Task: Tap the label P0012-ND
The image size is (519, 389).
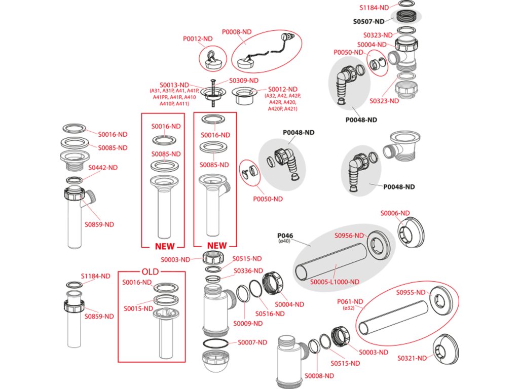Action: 197,38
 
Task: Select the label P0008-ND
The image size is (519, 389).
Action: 237,31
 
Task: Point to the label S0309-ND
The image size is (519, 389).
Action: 243,81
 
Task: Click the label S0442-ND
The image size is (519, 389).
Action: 103,167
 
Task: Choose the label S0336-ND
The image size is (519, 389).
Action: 247,271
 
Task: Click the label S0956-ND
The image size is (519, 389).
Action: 349,236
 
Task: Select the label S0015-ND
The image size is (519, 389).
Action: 137,308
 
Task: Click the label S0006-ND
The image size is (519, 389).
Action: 395,213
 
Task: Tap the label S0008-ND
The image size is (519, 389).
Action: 319,376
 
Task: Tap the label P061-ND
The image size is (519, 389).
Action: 351,301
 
